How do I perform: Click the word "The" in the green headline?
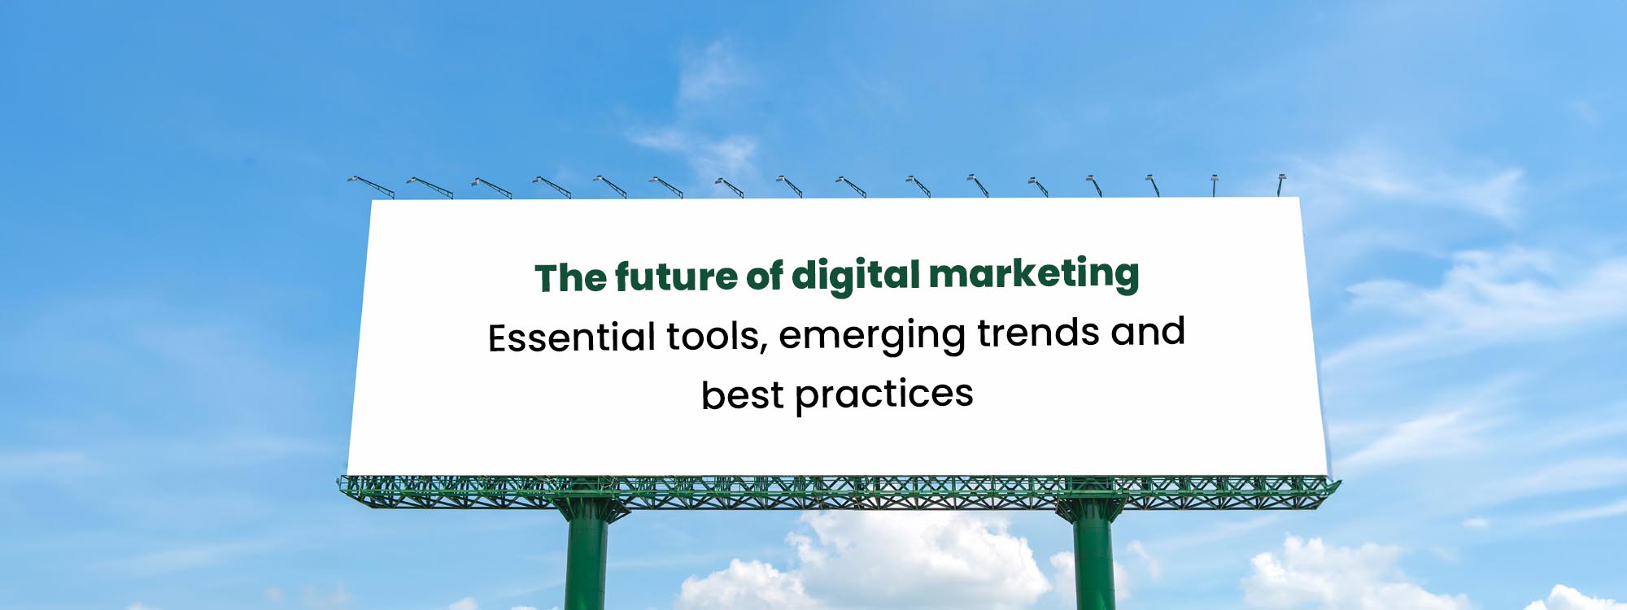(571, 278)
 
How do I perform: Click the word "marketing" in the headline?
(1034, 274)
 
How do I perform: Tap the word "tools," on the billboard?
(718, 336)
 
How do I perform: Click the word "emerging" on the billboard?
(872, 334)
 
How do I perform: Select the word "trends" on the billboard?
(1038, 332)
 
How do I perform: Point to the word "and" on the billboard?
(1148, 330)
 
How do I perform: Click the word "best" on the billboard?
(743, 395)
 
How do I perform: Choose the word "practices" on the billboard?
(884, 395)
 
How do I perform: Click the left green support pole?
(587, 557)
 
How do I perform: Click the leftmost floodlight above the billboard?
(371, 186)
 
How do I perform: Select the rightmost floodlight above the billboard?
(1280, 185)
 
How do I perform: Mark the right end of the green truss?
(1337, 487)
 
